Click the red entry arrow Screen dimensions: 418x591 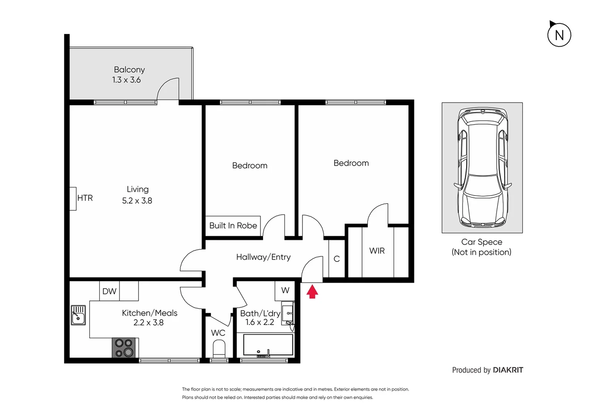tap(312, 291)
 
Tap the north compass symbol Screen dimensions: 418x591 tap(559, 35)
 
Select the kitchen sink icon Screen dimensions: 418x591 tap(78, 315)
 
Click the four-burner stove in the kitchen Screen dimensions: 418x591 tap(124, 348)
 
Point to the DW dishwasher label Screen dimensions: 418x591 tap(109, 291)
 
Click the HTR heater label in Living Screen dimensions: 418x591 tap(85, 198)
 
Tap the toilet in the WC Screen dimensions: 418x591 tap(219, 348)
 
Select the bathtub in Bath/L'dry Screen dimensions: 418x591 tap(268, 345)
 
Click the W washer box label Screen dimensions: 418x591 tap(285, 290)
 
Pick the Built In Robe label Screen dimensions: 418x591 tap(233, 226)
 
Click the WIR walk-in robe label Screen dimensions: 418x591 tap(377, 251)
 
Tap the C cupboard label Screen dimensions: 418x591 tap(336, 259)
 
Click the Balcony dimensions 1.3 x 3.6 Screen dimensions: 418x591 tap(126, 80)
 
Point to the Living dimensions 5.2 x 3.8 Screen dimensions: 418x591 tap(137, 201)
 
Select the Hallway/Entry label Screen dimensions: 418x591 tap(263, 257)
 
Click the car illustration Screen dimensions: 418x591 tap(482, 168)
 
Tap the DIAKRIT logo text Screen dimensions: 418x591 tap(508, 370)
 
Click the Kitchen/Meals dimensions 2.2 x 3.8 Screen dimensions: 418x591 tap(149, 323)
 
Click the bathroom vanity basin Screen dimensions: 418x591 tap(288, 313)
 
